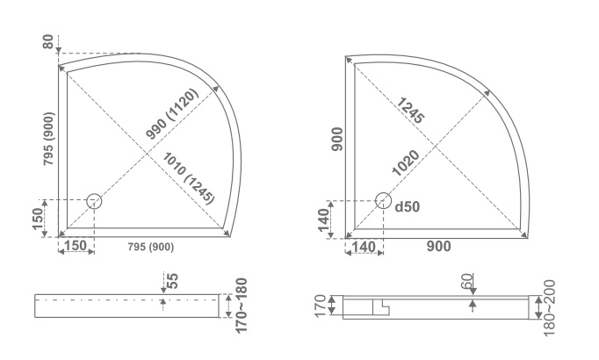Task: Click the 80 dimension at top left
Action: click(47, 41)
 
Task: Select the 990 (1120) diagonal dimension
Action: click(172, 114)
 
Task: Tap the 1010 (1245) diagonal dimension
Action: click(189, 178)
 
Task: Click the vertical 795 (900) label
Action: click(48, 139)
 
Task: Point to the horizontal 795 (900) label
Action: click(150, 247)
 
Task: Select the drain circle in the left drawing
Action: click(94, 201)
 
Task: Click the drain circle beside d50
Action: click(383, 201)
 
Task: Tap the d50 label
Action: click(408, 206)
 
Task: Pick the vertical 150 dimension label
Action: click(38, 219)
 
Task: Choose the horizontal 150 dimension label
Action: click(76, 246)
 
